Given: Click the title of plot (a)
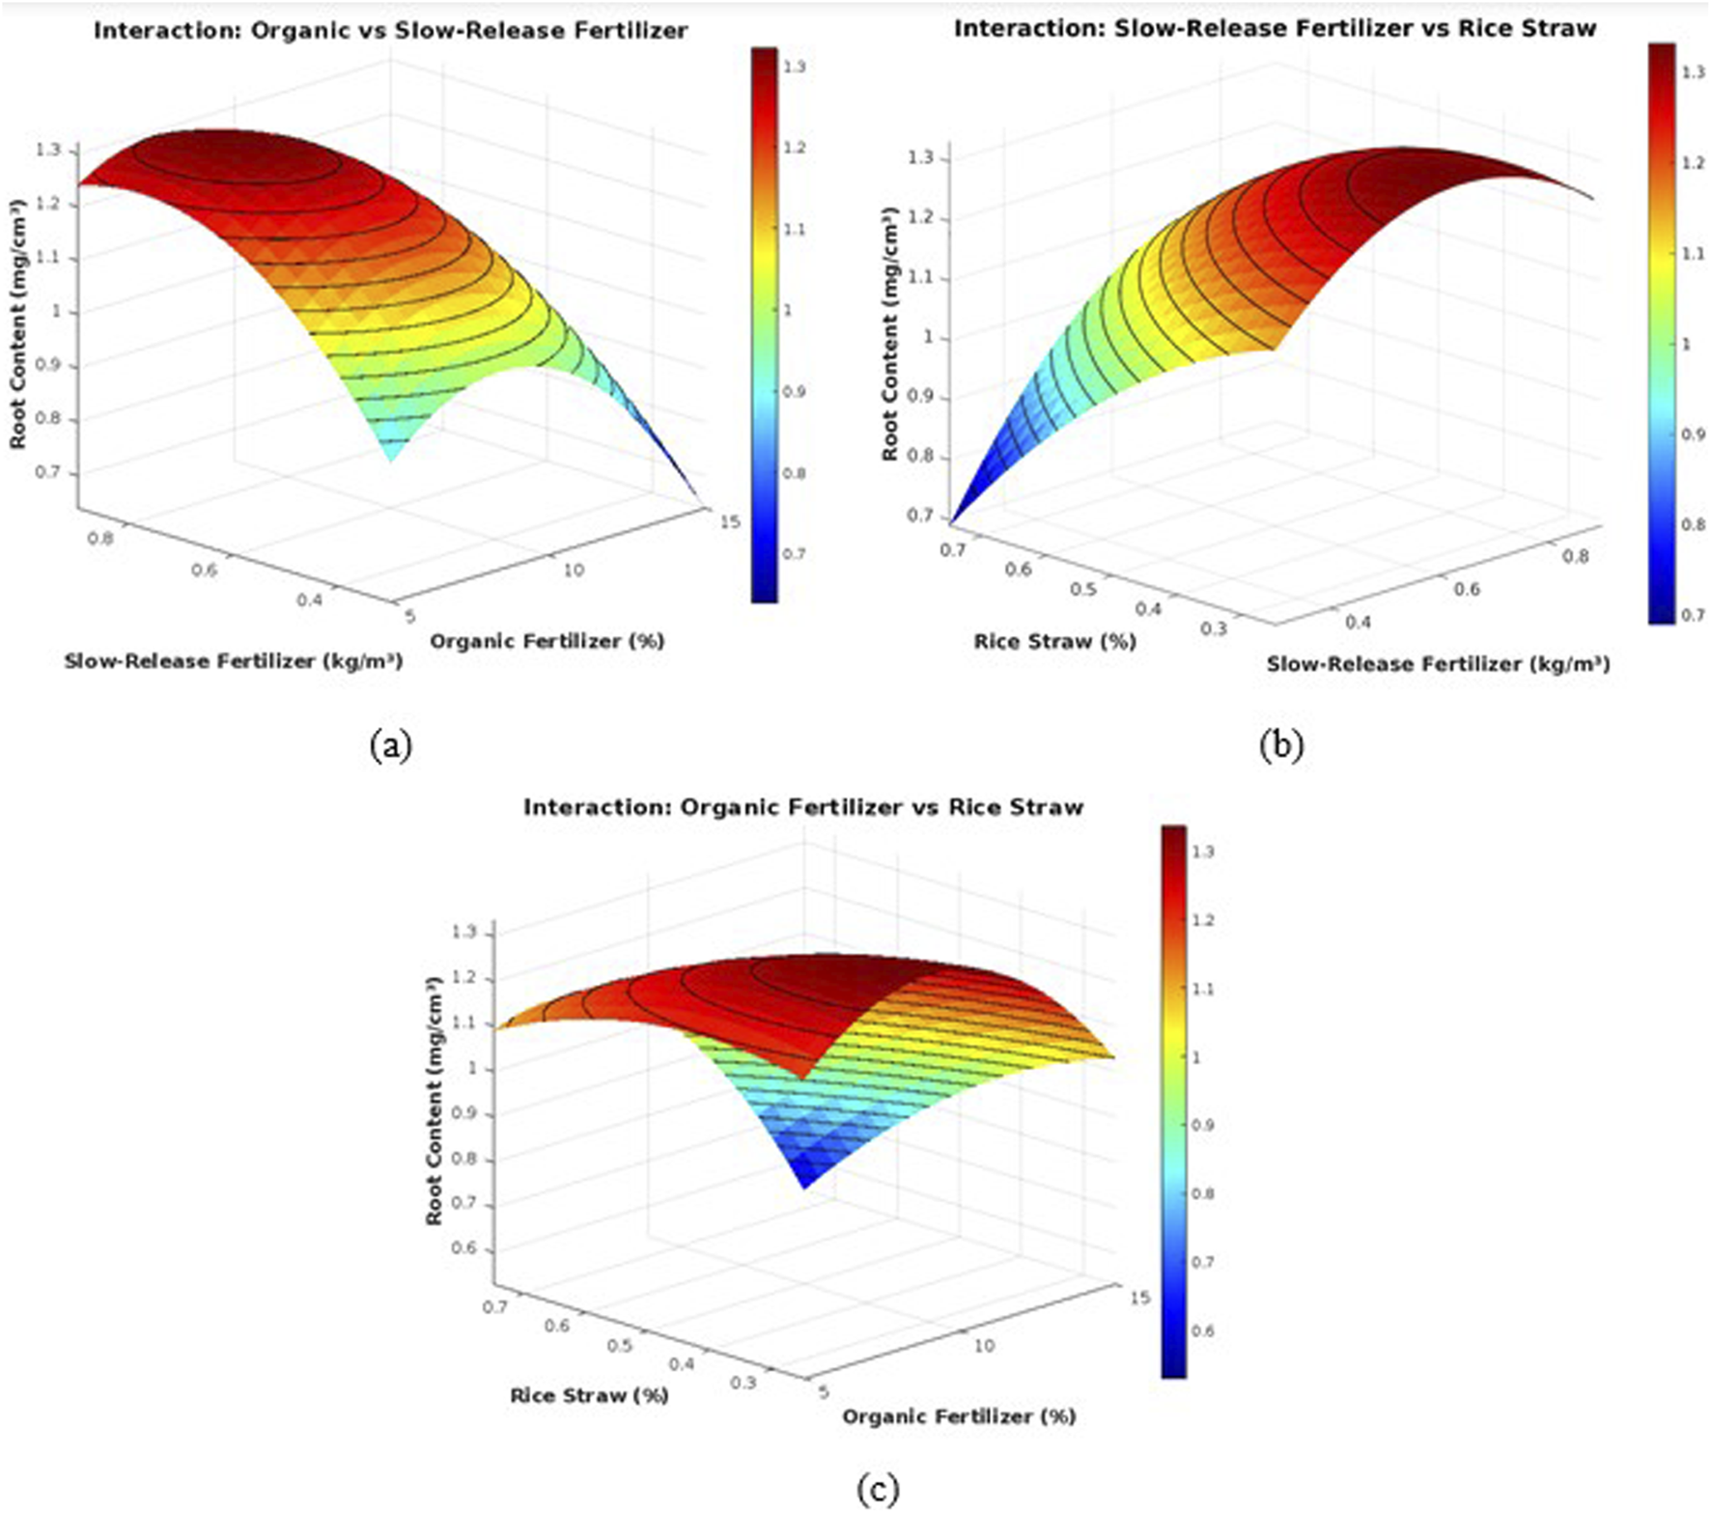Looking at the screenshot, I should [x=390, y=31].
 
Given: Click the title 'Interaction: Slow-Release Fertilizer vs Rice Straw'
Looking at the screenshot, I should [x=1275, y=29].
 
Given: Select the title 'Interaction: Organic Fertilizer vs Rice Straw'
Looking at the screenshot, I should [x=803, y=807].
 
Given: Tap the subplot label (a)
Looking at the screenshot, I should [x=390, y=745].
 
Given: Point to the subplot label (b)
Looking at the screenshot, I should [x=1281, y=745].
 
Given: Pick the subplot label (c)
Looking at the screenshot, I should [x=877, y=1490].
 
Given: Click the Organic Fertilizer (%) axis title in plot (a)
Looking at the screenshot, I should [x=547, y=641].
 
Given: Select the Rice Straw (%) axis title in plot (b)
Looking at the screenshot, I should [x=1054, y=641].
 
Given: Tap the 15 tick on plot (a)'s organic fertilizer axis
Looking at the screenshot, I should [x=730, y=521].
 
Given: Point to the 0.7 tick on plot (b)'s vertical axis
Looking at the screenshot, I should [x=922, y=517].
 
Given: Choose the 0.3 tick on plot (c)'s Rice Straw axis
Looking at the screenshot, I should [x=743, y=1383].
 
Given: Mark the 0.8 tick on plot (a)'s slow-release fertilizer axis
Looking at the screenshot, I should [x=99, y=539].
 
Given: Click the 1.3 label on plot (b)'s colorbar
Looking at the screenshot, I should [x=1694, y=72].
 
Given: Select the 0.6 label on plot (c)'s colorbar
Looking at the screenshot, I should [x=1203, y=1331].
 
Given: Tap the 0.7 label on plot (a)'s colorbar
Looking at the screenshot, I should [x=794, y=554].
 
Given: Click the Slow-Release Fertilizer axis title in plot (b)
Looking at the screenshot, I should [x=1438, y=664].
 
